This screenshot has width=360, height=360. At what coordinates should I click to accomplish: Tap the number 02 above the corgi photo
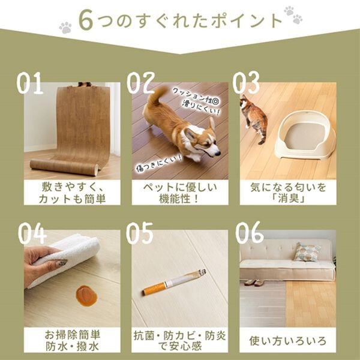pos(141,82)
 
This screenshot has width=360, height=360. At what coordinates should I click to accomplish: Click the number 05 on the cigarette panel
pos(140,235)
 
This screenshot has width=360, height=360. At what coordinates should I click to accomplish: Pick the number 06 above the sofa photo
pos(248,235)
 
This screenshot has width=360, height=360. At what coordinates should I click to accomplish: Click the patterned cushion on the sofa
pos(307,252)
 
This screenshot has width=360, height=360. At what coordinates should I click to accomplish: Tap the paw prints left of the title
pos(64,27)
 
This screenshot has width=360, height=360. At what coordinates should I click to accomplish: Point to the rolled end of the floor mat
pos(63,163)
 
